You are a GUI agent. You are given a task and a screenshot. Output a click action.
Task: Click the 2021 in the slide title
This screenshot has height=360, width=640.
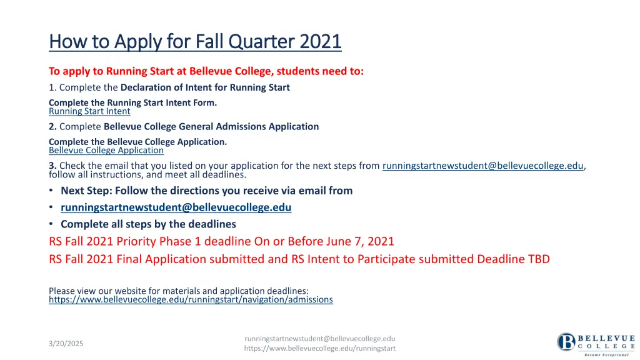click(x=321, y=42)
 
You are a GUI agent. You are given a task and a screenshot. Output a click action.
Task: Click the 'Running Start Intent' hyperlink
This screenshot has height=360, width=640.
click(x=89, y=111)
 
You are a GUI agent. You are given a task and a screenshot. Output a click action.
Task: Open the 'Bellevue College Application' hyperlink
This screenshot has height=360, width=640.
click(x=106, y=150)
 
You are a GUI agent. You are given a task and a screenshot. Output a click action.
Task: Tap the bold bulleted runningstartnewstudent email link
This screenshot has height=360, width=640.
click(x=176, y=207)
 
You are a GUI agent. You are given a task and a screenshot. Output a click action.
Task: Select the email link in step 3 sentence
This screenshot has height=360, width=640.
click(x=482, y=166)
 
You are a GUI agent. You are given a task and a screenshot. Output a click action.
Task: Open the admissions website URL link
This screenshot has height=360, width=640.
click(x=191, y=299)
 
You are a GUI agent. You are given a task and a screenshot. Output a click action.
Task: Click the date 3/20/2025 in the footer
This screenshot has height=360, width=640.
click(x=66, y=344)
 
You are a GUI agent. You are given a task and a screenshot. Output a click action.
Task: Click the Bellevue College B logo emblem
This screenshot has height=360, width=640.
click(x=566, y=342)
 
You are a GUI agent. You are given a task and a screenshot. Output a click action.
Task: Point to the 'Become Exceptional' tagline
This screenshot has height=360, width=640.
click(x=606, y=355)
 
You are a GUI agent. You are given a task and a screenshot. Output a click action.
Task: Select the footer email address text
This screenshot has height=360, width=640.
click(x=319, y=338)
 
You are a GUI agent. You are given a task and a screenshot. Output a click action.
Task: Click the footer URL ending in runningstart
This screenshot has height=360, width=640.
click(x=319, y=348)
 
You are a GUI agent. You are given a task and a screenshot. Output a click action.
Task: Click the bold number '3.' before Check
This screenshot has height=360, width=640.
click(x=52, y=166)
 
